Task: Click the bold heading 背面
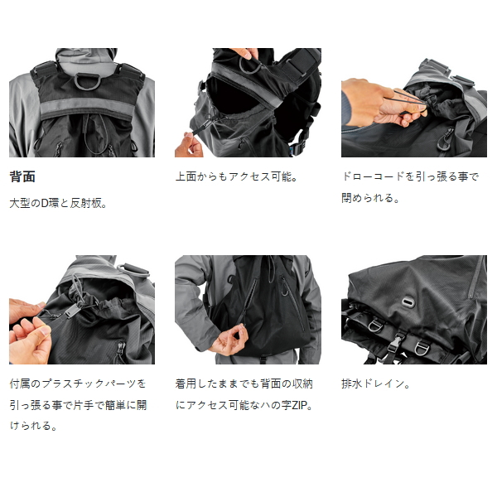22,176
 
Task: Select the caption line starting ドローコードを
409,176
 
